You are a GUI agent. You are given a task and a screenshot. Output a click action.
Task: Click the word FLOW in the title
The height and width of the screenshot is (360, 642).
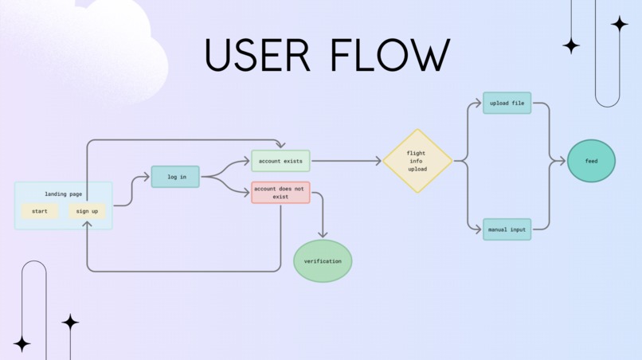[x=389, y=56]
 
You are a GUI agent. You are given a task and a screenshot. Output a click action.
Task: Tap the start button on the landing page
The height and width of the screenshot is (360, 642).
[x=40, y=211]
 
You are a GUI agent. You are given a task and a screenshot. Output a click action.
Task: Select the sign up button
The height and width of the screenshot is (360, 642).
[x=87, y=211]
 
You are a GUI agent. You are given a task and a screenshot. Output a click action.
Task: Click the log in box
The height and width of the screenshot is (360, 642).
[x=175, y=177]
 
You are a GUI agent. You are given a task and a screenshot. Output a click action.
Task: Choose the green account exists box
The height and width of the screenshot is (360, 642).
[x=280, y=161]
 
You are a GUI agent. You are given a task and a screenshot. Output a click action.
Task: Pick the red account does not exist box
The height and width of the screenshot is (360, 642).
[x=280, y=192]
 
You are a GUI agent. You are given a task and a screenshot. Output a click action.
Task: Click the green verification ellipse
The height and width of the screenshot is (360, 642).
[x=323, y=261]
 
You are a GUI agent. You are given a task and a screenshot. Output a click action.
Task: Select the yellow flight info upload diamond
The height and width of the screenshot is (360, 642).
[x=417, y=161]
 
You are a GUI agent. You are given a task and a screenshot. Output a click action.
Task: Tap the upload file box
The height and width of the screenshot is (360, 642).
[x=507, y=103]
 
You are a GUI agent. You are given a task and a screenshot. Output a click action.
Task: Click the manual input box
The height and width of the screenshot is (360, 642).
[x=507, y=229]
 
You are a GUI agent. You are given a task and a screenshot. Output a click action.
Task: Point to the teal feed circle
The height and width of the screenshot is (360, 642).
[x=591, y=161]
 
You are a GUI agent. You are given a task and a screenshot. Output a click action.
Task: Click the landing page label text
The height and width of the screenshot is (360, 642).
[x=64, y=194]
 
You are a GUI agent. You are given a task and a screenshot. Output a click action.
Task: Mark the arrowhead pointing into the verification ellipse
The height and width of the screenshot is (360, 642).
[x=323, y=234]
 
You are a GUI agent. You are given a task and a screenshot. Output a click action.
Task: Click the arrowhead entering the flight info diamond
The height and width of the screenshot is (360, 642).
[x=378, y=161]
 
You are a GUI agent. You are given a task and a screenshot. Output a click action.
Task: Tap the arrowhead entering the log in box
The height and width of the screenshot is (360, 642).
[x=147, y=177]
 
